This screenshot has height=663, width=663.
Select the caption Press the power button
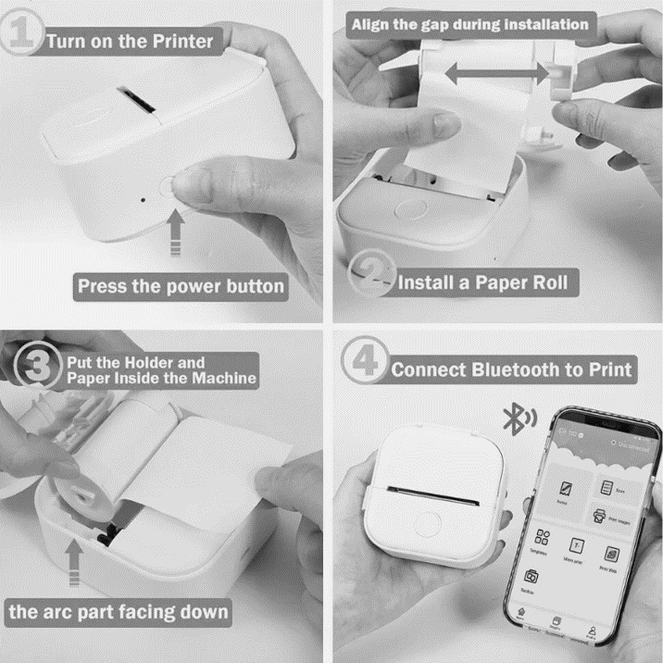point(181,286)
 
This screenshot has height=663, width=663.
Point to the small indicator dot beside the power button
point(144,197)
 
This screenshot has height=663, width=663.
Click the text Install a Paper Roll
point(483,282)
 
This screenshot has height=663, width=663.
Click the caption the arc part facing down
point(119,612)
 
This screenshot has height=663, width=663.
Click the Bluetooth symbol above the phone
point(512,419)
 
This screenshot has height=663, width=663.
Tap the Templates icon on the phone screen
point(544,541)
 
